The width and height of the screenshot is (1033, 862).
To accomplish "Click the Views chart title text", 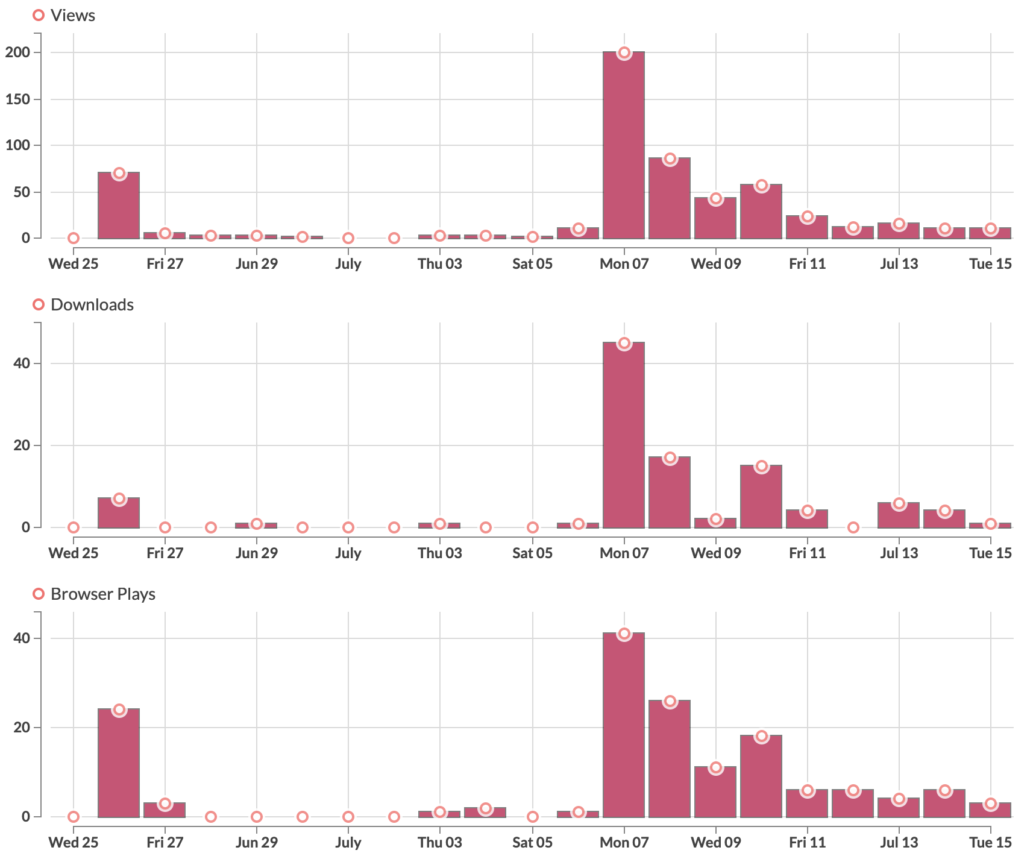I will point(72,16).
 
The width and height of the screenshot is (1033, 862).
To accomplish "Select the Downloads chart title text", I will point(92,305).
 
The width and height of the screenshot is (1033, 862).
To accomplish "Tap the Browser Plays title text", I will point(102,594).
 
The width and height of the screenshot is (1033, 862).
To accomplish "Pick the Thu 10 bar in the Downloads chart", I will point(761,497).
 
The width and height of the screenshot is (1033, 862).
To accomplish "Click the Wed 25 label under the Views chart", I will point(73,264).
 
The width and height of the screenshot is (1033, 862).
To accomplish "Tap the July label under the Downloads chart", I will point(348,553).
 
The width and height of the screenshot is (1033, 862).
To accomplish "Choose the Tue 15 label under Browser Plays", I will point(990,843).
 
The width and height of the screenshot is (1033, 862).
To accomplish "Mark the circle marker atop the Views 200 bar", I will point(624,53).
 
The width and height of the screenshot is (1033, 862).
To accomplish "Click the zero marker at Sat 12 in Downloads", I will point(853,527).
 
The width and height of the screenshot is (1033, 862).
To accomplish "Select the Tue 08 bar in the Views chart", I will point(670,199).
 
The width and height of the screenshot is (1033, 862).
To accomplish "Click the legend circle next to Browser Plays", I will point(39,594).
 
